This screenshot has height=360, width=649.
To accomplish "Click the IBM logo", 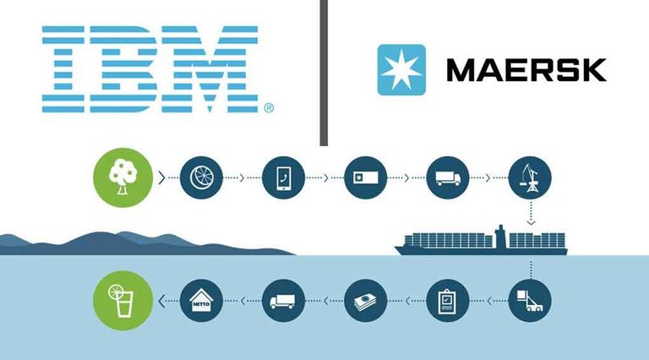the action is (x=150, y=69).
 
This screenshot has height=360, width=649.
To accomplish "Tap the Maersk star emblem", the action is (x=401, y=69).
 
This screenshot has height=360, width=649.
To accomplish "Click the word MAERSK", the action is (x=526, y=70).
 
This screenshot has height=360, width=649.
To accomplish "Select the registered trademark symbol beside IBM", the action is (x=269, y=108).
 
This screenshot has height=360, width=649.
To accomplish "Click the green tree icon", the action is (x=123, y=177).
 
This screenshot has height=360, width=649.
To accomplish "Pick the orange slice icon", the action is (x=202, y=177).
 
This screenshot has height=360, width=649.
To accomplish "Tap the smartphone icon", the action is (x=284, y=177).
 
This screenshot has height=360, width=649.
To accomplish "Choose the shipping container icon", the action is (x=365, y=177).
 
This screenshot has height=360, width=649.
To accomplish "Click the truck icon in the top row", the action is (x=447, y=177).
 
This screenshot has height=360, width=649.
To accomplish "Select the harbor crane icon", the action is (x=530, y=177).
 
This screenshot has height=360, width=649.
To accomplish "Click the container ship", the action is (x=481, y=241).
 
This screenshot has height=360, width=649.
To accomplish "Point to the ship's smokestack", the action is (x=500, y=237).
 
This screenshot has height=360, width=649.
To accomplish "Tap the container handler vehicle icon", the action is (x=530, y=300).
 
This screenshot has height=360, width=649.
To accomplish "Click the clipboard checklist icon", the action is (x=447, y=300).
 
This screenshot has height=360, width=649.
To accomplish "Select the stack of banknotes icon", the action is (x=365, y=300).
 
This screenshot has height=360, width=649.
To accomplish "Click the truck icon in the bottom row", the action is (x=284, y=300).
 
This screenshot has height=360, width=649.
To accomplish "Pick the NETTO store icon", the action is (x=202, y=300).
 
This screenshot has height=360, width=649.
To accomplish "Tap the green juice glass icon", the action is (x=123, y=300).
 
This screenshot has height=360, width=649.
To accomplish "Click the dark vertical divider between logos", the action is (x=324, y=73).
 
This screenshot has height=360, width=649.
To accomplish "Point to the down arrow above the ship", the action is (x=531, y=214).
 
